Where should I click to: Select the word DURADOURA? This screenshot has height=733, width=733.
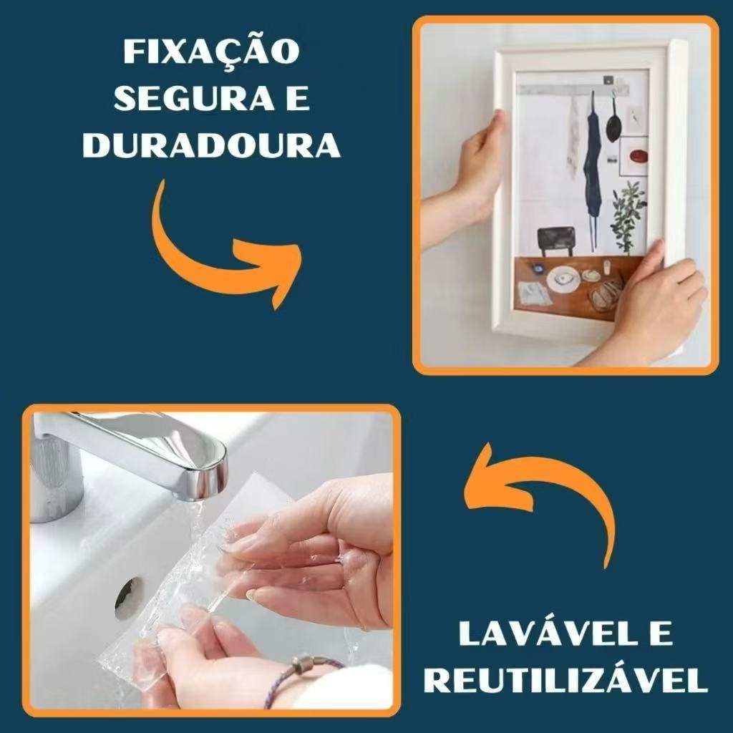click(x=211, y=145)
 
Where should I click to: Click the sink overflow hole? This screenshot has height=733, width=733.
click(x=129, y=598)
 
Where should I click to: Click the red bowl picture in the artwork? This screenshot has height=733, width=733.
click(x=638, y=155)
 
